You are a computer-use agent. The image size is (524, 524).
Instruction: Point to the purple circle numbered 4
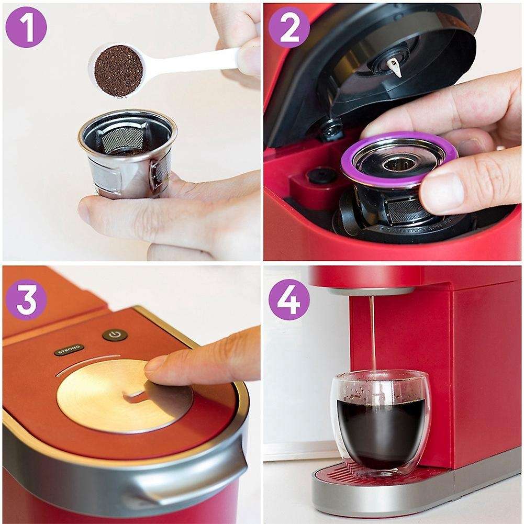[289, 299]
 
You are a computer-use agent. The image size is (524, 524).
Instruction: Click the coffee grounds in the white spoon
[119, 71]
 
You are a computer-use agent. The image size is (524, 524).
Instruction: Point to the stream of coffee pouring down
[373, 330]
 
